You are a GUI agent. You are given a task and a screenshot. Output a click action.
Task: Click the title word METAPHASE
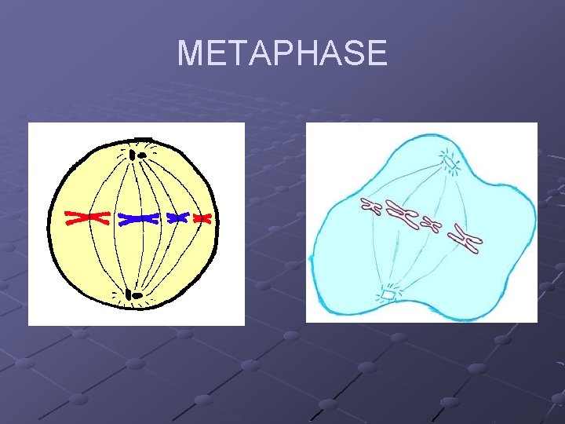pos(282,53)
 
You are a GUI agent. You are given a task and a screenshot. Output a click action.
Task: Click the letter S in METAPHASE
pos(354,53)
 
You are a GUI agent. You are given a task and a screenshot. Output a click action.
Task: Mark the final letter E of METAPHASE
pos(377,53)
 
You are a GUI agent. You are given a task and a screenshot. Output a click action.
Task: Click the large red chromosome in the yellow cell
pos(86,217)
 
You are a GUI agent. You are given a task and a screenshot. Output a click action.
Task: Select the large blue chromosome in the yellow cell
pos(139,218)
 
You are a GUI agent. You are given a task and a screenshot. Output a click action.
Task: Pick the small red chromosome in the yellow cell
pos(203,218)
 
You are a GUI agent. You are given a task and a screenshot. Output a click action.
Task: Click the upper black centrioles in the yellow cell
pos(140,154)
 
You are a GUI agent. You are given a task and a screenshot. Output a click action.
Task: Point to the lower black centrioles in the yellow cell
pos(135,295)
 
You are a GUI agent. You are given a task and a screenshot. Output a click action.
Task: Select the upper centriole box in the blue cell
pos(450,162)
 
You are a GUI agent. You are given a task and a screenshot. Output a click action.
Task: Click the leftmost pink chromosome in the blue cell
pos(370,207)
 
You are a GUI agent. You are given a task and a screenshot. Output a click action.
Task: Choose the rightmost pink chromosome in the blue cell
pos(469,241)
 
